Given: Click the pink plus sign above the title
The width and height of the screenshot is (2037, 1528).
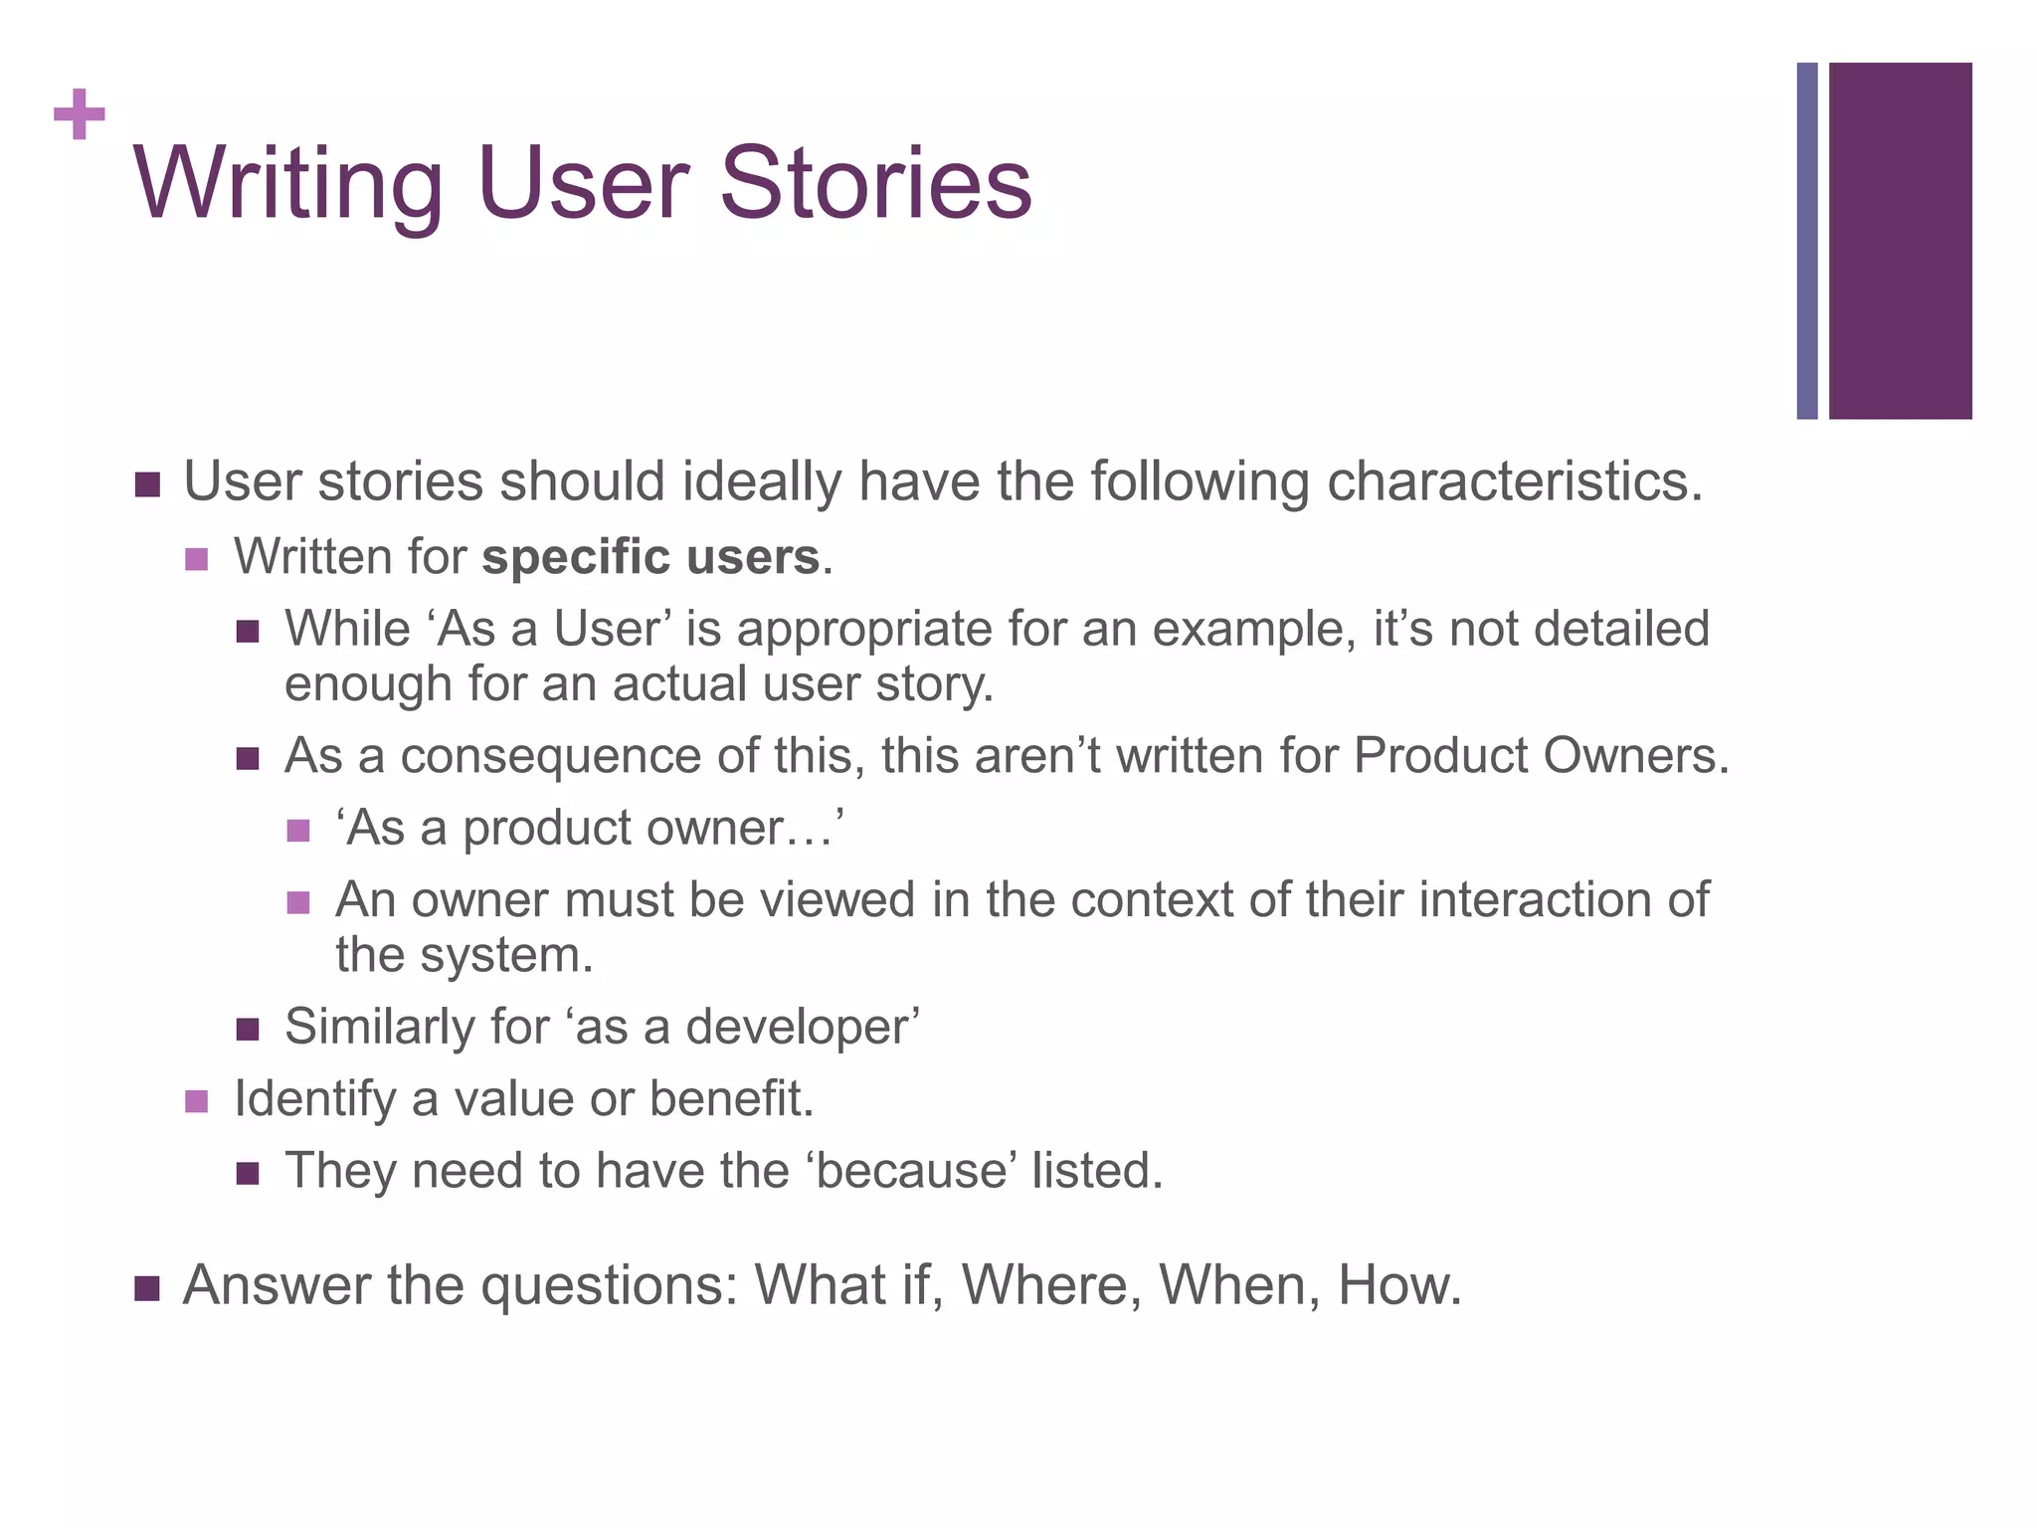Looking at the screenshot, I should click(80, 115).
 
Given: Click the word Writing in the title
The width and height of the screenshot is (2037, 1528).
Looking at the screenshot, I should click(287, 185).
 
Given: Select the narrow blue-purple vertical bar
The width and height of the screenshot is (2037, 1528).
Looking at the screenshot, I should click(1806, 241).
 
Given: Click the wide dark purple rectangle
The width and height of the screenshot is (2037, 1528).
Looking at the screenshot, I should click(1900, 241).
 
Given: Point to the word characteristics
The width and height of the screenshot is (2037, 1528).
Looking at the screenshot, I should click(1513, 482).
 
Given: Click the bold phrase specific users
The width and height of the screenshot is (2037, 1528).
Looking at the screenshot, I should click(651, 557).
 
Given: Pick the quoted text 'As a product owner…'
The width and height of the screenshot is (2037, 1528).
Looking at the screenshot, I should click(590, 829).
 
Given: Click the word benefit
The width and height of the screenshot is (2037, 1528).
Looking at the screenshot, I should click(731, 1099).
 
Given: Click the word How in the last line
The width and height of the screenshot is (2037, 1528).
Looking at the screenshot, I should click(1398, 1285).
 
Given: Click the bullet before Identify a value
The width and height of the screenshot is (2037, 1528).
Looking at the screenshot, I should click(197, 1101).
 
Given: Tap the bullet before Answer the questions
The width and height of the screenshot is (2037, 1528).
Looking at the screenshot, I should click(147, 1288).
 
